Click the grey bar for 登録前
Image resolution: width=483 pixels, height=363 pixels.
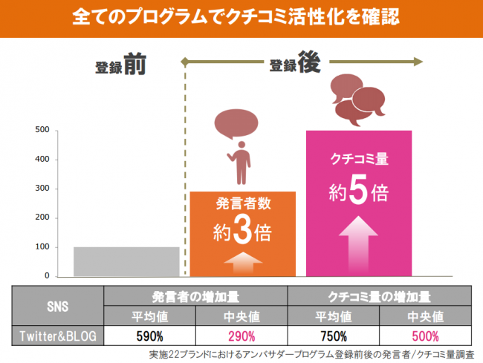click(x=126, y=261)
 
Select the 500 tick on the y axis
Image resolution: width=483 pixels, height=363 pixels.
click(x=42, y=131)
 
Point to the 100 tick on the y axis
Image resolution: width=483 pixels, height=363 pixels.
click(x=42, y=247)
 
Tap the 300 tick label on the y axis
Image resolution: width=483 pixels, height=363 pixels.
click(x=42, y=189)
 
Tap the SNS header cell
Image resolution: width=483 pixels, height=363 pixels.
click(x=57, y=305)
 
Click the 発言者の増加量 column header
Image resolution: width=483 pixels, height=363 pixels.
click(x=195, y=295)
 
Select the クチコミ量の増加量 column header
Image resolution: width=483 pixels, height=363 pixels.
click(x=378, y=295)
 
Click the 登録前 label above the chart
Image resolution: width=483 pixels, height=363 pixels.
click(x=120, y=67)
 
